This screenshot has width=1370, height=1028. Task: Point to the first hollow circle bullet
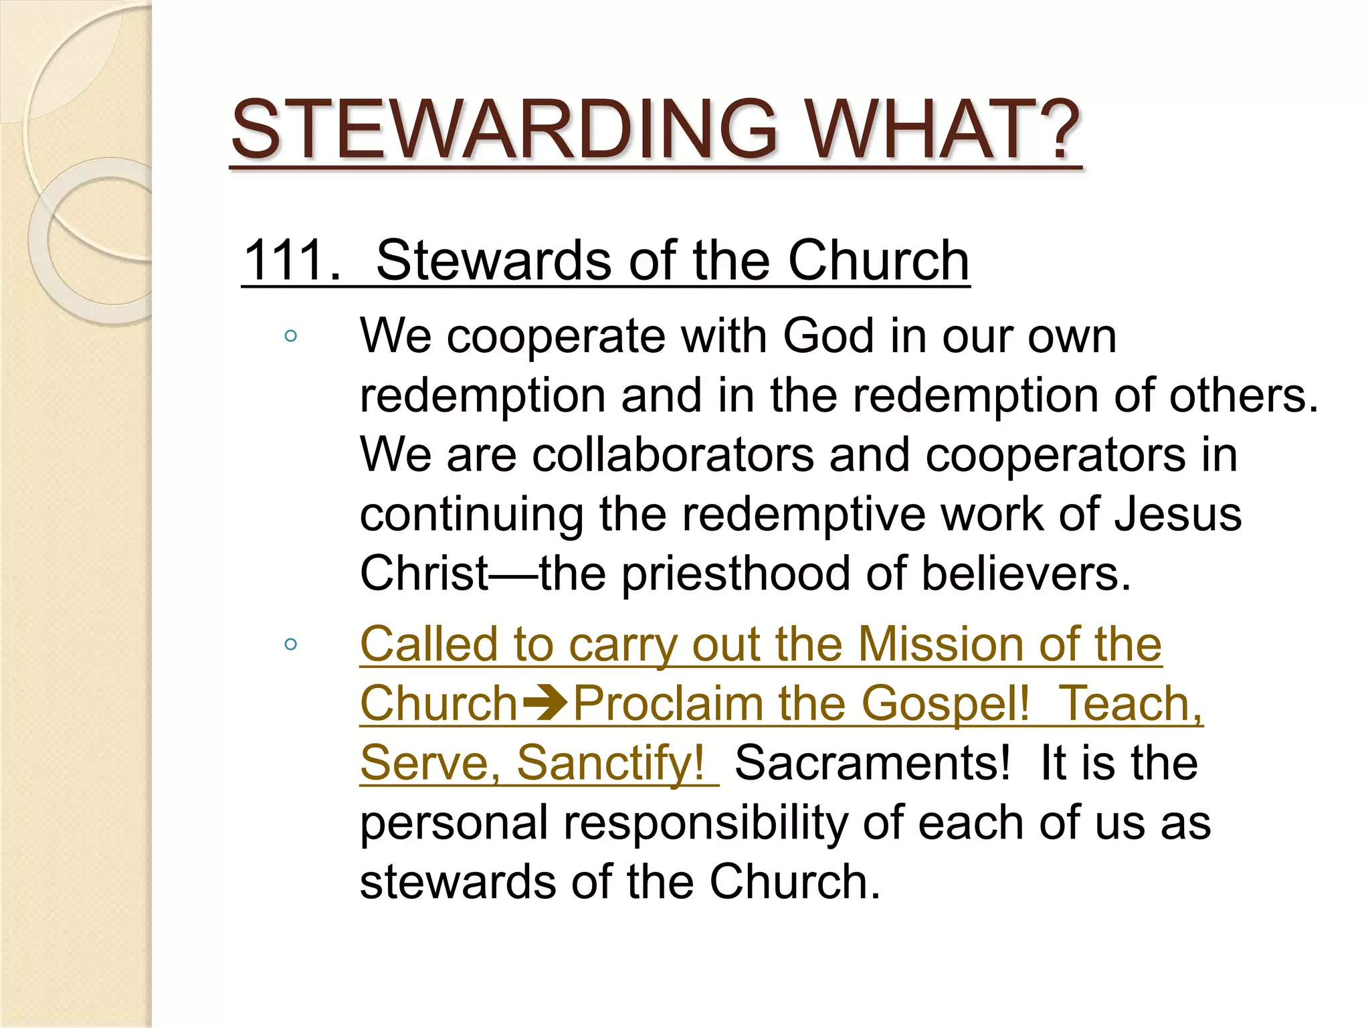click(x=290, y=336)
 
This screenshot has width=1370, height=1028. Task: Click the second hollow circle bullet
click(x=290, y=645)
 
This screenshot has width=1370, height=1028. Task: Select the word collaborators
click(x=673, y=454)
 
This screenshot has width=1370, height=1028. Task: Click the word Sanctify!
click(x=611, y=763)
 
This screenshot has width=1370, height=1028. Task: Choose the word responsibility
click(x=706, y=823)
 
